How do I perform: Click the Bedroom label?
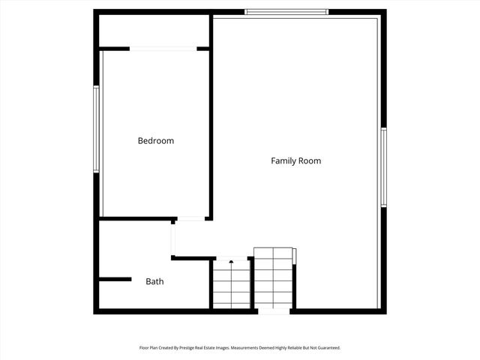tap(155, 141)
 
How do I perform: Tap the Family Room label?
tap(295, 160)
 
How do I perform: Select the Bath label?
tap(154, 282)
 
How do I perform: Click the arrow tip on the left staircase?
tap(231, 262)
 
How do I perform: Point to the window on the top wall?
tap(286, 12)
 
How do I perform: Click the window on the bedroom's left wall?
tap(96, 129)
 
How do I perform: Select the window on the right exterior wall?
tap(383, 167)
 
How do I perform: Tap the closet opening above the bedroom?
tap(163, 49)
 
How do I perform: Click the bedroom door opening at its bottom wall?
tap(191, 219)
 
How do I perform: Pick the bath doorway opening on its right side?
tap(173, 239)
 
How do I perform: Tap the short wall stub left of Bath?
tap(115, 280)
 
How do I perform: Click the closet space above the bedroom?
tap(154, 31)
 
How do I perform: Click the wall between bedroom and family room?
tap(211, 120)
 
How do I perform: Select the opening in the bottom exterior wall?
tap(274, 311)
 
